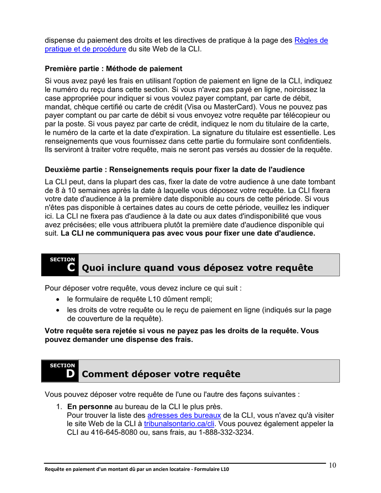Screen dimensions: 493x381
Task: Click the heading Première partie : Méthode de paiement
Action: (x=113, y=69)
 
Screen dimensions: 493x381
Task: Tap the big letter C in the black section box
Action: (x=71, y=268)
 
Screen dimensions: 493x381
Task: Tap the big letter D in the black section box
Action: (x=71, y=374)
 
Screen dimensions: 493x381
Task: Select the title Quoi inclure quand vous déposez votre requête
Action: (x=197, y=268)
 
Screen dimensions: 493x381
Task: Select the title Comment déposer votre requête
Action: (x=161, y=374)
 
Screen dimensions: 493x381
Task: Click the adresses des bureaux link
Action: (x=184, y=415)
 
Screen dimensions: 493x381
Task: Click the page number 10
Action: (x=332, y=465)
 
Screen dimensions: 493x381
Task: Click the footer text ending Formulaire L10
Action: (x=137, y=469)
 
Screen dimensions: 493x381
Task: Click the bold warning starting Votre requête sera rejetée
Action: (x=180, y=331)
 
